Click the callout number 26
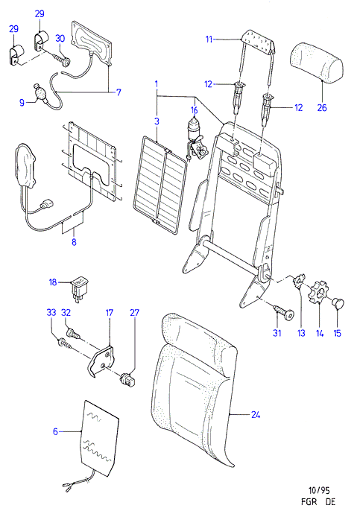pos(322,107)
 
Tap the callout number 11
pos(209,39)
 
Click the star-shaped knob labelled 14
pos(318,292)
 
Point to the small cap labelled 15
pos(339,302)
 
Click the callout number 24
pos(256,415)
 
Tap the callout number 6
pos(55,431)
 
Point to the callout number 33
pos(51,312)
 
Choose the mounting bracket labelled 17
pos(101,361)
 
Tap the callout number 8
pos(74,242)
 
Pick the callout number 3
pos(157,121)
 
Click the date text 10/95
pos(319,491)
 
